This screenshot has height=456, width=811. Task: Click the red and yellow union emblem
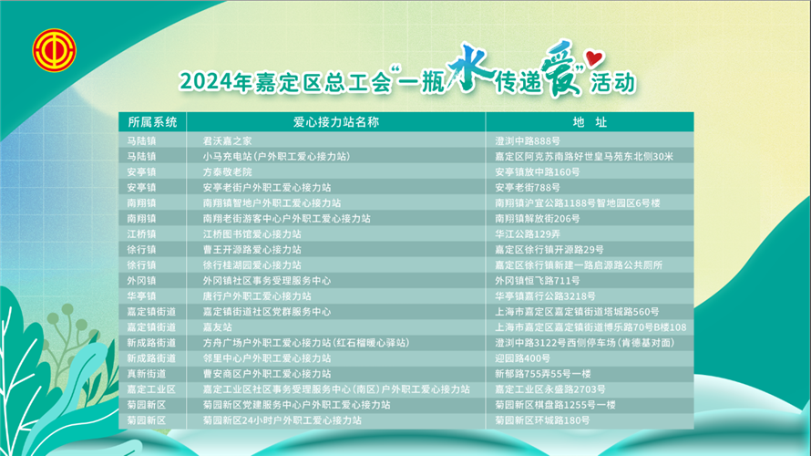click(x=55, y=50)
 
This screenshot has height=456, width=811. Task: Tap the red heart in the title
click(x=594, y=57)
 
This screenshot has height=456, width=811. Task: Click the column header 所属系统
click(x=152, y=122)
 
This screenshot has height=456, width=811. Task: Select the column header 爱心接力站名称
click(x=336, y=122)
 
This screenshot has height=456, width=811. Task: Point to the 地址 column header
click(x=590, y=122)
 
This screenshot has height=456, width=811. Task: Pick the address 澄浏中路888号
click(x=528, y=140)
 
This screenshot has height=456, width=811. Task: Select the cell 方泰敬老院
click(x=228, y=171)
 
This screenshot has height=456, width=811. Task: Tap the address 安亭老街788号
click(x=528, y=187)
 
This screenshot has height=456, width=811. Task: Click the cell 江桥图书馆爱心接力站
click(x=252, y=234)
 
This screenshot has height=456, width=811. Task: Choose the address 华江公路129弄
click(x=528, y=234)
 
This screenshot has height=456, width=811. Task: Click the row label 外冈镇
click(x=142, y=281)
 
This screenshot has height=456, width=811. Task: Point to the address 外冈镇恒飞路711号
click(x=538, y=281)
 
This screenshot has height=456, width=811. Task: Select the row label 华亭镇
click(x=142, y=296)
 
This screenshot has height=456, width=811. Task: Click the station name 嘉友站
click(x=217, y=327)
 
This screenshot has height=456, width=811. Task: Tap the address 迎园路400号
click(x=522, y=358)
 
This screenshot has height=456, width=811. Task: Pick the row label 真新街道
click(x=147, y=374)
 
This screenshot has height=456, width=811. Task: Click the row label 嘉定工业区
click(x=151, y=389)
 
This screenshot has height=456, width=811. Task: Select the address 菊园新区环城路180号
click(x=542, y=420)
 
